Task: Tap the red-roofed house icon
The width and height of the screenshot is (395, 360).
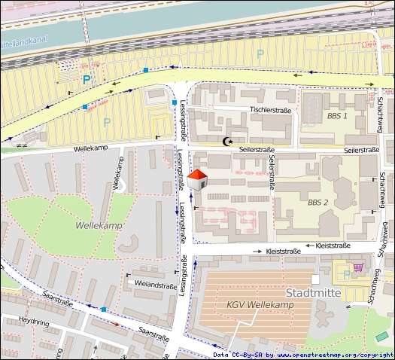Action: (197, 180)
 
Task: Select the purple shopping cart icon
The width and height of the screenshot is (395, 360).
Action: (359, 267)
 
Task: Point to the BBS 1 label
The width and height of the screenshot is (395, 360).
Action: (337, 116)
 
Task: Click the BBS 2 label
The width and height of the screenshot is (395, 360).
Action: (318, 203)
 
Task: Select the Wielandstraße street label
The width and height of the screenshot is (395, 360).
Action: (156, 285)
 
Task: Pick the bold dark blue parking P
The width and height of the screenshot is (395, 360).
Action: (87, 78)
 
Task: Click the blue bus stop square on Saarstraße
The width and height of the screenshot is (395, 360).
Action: (104, 310)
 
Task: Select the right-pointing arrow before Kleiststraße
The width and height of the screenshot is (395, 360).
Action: (257, 251)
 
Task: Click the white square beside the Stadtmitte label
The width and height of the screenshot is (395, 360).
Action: (326, 279)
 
